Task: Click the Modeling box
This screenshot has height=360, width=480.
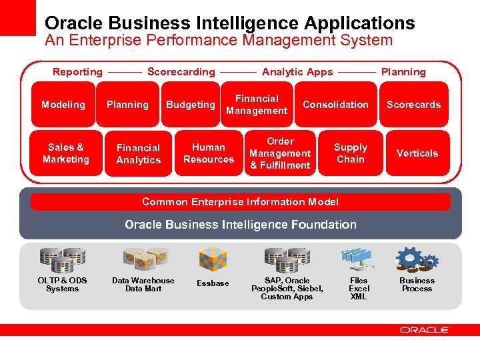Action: tap(63, 105)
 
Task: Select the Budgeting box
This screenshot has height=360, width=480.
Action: tap(191, 105)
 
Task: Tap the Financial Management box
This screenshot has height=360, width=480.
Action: tap(257, 105)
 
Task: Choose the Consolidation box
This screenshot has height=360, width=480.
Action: tap(335, 105)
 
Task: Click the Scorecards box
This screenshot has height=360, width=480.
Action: tap(413, 105)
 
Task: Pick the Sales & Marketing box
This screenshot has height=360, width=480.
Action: tap(66, 153)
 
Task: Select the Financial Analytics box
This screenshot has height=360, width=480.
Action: tap(138, 154)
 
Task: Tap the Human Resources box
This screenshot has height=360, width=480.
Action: tap(209, 153)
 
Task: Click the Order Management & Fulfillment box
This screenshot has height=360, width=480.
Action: tap(280, 153)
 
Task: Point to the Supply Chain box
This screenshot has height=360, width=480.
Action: tap(351, 153)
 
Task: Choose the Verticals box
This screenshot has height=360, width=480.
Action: tap(417, 153)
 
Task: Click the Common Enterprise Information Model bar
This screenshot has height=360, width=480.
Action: tap(240, 202)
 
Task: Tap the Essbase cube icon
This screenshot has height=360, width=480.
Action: tap(213, 259)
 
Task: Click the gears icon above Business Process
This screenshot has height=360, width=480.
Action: tap(417, 259)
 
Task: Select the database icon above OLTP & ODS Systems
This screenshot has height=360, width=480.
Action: tap(62, 259)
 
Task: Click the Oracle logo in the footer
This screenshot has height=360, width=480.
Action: tap(425, 329)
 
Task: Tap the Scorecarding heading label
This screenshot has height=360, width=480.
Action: tap(181, 72)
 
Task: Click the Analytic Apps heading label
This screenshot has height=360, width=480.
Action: tap(297, 72)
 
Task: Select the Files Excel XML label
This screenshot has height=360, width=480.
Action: tap(359, 289)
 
